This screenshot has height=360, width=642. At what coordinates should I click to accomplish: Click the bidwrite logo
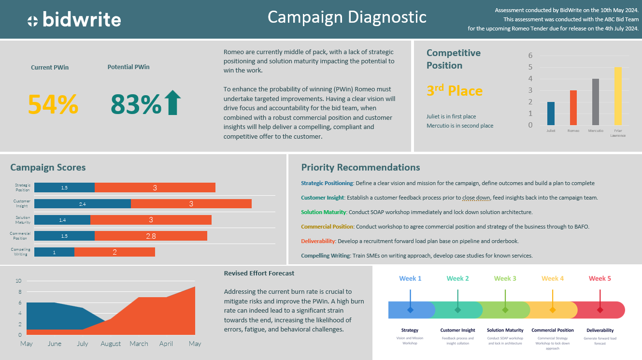coord(74,20)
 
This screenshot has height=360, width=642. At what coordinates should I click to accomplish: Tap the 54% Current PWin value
coord(53,104)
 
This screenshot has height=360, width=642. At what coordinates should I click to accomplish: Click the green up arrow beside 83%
coord(172,103)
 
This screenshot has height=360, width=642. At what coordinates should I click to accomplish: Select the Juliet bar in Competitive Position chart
coord(551,114)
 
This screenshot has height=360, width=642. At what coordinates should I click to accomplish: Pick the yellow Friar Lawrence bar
coord(617,96)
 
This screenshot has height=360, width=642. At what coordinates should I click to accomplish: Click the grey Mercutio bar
coord(595,102)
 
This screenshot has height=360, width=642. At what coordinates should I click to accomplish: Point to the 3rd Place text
coord(454,91)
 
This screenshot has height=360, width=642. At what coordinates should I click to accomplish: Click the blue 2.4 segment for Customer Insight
coord(83,204)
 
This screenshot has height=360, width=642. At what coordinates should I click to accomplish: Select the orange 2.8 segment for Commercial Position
coord(151,236)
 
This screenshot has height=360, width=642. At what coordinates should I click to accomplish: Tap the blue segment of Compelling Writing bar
coord(54,252)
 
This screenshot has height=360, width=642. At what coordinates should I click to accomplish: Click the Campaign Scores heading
coord(48,168)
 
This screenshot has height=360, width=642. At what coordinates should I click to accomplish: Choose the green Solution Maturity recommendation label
coord(323,212)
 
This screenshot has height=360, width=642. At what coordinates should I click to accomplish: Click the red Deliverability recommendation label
coord(318,241)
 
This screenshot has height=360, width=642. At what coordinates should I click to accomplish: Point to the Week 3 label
coord(505,278)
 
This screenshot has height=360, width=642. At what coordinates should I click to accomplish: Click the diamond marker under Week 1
coord(410,310)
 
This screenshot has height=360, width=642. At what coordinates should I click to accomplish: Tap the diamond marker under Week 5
coord(600,310)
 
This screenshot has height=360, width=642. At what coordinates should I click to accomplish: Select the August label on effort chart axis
coord(111,344)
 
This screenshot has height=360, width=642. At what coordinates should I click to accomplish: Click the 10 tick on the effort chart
coord(18,281)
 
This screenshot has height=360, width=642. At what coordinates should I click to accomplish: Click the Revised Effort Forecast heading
coord(259,273)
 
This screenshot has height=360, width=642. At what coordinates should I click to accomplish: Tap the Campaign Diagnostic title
coord(347,17)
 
